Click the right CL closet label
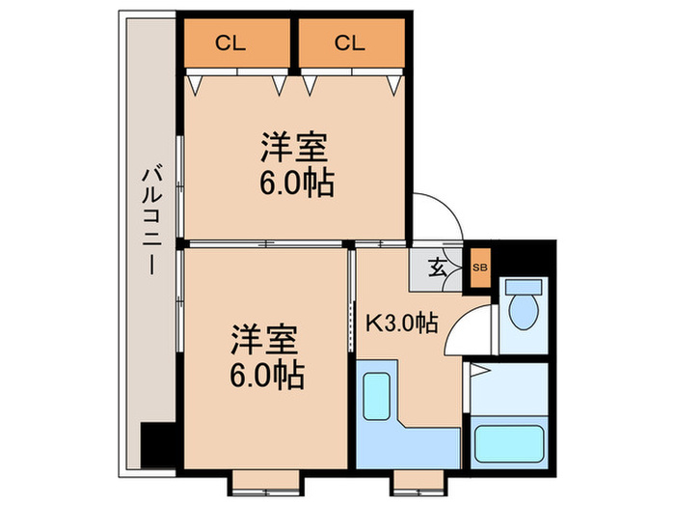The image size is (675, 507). [x=350, y=42]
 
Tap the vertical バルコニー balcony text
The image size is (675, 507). [x=150, y=221]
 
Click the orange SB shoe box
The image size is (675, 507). [x=479, y=268]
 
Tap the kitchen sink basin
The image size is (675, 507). [x=377, y=396]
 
